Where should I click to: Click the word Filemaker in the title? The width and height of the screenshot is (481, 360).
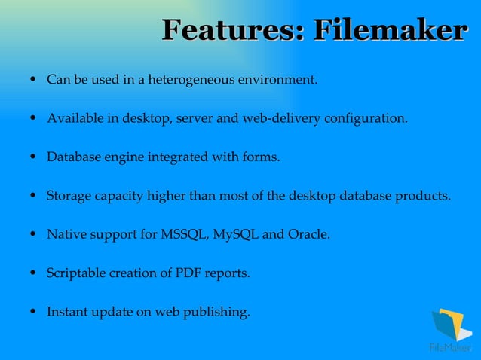[389, 31]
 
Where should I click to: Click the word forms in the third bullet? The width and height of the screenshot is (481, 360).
[260, 157]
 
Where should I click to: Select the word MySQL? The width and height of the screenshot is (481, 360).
[236, 235]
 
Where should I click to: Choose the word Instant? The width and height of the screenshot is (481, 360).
[68, 313]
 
